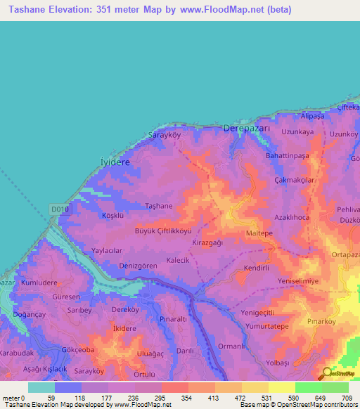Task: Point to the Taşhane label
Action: click(x=158, y=205)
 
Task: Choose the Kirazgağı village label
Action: click(x=207, y=242)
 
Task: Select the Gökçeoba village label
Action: click(x=77, y=349)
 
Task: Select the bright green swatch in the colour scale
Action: click(x=308, y=387)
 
